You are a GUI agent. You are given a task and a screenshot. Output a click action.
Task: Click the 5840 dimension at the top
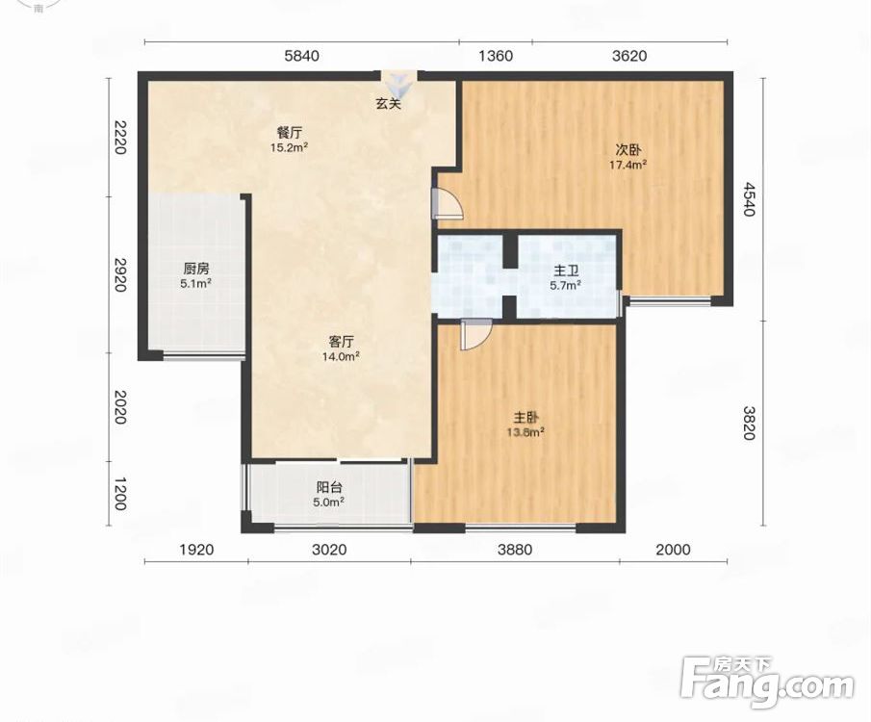coord(301,56)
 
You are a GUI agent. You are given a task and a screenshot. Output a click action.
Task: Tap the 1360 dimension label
coord(496,56)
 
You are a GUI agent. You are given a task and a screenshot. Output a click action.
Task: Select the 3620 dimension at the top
coord(629,56)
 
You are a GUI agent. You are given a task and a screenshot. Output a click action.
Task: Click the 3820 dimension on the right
coord(750,423)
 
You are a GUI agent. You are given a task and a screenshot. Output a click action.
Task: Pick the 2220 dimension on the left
coord(119,138)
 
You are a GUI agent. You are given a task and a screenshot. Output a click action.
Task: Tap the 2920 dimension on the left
coord(119,274)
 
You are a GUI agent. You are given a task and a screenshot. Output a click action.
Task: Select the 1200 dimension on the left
coord(119,494)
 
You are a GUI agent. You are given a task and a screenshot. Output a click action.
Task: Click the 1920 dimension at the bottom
coord(196,550)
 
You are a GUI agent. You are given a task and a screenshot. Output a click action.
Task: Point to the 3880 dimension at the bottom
coord(515,550)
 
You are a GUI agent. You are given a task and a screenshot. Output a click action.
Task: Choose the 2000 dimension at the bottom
coord(674,550)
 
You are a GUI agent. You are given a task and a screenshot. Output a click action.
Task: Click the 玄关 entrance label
coord(388,103)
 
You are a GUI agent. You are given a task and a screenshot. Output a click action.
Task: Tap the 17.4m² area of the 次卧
coord(628,165)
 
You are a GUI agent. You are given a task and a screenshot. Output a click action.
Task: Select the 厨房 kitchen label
coord(196,269)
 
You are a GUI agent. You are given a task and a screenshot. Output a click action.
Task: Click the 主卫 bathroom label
coord(567,271)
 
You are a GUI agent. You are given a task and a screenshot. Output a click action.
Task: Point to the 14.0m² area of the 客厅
coord(341,356)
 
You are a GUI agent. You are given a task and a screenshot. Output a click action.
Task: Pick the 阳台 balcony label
coord(329,487)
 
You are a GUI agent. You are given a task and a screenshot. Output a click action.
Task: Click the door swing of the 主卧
coord(476,335)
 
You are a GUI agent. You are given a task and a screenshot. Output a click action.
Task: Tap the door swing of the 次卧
coord(448,203)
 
